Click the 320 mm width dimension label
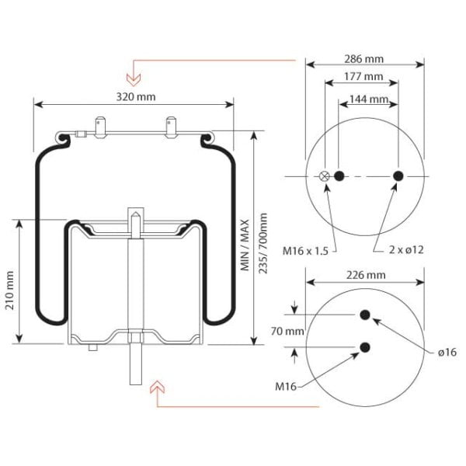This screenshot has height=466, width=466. [x=135, y=97]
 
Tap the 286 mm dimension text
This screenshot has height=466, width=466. [x=363, y=59]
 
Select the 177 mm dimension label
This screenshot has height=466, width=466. [x=363, y=77]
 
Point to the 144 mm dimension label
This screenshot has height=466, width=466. [x=369, y=99]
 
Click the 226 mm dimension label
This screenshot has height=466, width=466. [x=366, y=275]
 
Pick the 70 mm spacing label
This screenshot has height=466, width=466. [x=287, y=331]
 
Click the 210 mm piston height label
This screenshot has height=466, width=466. [x=10, y=290]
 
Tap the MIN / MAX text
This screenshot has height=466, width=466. [x=245, y=245]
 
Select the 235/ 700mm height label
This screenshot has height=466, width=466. [x=263, y=243]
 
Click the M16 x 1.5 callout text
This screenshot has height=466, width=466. [x=305, y=251]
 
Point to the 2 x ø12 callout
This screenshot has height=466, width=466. [x=406, y=249]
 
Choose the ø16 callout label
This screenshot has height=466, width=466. [x=447, y=352]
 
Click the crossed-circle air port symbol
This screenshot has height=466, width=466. [x=324, y=176]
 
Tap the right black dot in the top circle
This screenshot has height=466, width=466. [x=398, y=176]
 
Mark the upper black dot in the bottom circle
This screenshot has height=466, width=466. [x=365, y=315]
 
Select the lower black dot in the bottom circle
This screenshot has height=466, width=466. [x=365, y=347]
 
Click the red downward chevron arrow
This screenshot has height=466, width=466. [x=134, y=78]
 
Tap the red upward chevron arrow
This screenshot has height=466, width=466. [x=157, y=387]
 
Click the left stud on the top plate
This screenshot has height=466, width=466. [x=100, y=128]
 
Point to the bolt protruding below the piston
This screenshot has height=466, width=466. [x=136, y=364]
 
